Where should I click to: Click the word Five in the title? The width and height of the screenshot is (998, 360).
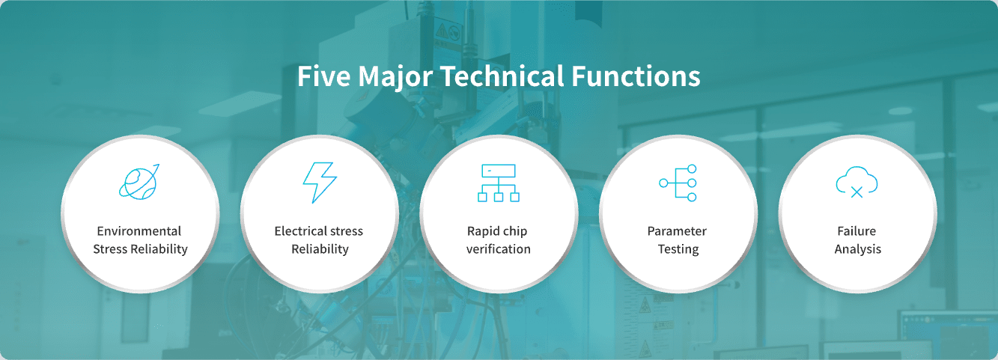tap(324, 76)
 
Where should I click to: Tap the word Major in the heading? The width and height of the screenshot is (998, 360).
tap(395, 76)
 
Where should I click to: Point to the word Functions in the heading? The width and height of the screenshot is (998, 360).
tap(636, 76)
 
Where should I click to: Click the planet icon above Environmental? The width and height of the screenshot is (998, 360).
tap(139, 182)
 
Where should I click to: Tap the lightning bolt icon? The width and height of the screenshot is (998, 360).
tap(320, 183)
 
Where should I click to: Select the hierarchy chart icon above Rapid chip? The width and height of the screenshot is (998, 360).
tap(499, 183)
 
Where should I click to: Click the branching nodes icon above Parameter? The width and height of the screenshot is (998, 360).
tap(678, 183)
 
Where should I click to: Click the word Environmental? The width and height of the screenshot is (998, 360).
tap(139, 231)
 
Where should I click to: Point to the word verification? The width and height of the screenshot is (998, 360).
tap(499, 248)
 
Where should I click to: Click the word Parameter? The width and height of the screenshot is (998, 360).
tap(677, 231)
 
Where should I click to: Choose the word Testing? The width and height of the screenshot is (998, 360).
tap(678, 249)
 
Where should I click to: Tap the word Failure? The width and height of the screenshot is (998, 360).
tap(856, 231)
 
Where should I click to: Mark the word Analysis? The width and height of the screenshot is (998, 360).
tap(858, 249)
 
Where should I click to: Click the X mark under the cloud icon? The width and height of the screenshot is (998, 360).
tap(856, 192)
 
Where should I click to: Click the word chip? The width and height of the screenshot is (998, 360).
tap(514, 232)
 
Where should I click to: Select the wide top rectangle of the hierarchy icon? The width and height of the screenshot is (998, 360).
tap(499, 171)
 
